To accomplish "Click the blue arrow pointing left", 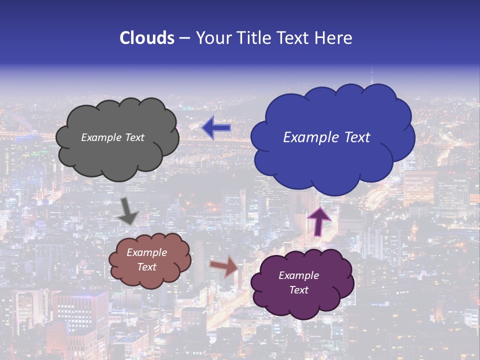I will coord(216,128).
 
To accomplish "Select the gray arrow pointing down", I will coord(127,211).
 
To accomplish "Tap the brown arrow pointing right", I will coord(224,266).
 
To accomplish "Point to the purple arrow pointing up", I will coord(318,221).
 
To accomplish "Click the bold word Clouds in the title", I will coord(146,38).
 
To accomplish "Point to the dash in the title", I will coord(184,38).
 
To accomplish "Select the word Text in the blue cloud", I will coord(354,137).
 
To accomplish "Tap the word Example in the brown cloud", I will coord(147,252).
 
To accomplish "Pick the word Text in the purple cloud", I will coord(299,290).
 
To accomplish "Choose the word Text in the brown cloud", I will coord(147,267).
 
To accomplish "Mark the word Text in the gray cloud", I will coord(134,137).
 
